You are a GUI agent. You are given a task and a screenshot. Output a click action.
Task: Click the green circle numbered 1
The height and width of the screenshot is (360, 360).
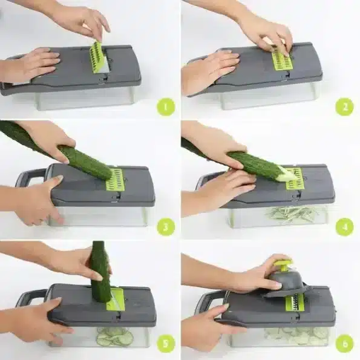pyautogui.click(x=166, y=106)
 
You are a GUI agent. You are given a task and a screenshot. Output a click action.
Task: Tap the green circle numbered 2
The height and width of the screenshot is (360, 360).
pyautogui.click(x=344, y=106)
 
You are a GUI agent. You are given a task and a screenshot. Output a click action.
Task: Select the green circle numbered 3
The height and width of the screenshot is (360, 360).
pyautogui.click(x=166, y=227)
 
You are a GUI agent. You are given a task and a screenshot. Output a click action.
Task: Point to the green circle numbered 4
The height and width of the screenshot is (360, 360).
pyautogui.click(x=344, y=227)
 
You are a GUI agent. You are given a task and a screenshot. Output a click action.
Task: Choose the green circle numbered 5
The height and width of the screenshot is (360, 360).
pyautogui.click(x=166, y=344)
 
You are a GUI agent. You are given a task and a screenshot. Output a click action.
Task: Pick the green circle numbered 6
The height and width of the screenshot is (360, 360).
pyautogui.click(x=344, y=344)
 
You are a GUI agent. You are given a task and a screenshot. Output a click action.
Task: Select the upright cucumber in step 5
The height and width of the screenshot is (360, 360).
pyautogui.click(x=100, y=271)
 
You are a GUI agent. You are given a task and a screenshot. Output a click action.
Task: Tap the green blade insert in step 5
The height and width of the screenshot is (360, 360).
pyautogui.click(x=116, y=299)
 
